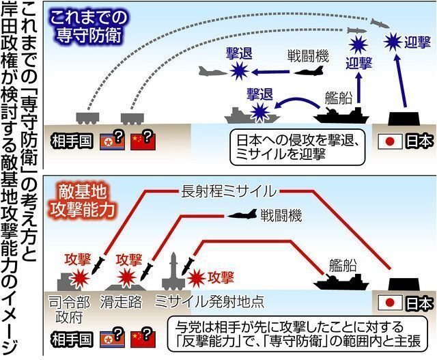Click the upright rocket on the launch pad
tap(173, 271)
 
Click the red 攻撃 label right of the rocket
tap(220, 277)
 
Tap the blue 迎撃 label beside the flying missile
tap(416, 41)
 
